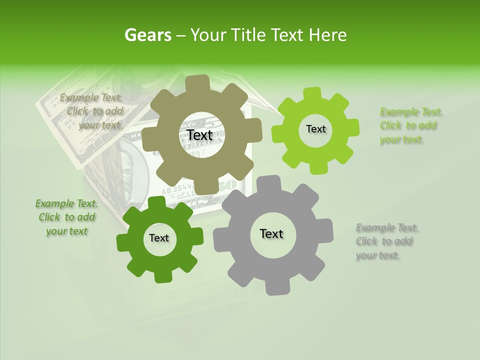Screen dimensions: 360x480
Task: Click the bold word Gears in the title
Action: click(147, 35)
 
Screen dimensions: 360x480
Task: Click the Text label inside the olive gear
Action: click(199, 135)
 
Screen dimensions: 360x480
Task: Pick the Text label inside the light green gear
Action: click(315, 129)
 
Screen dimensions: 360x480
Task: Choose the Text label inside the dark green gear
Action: click(159, 238)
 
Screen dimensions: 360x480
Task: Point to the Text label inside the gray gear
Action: click(271, 233)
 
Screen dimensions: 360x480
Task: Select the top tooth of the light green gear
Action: click(312, 94)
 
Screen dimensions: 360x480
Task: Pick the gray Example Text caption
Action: click(386, 241)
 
